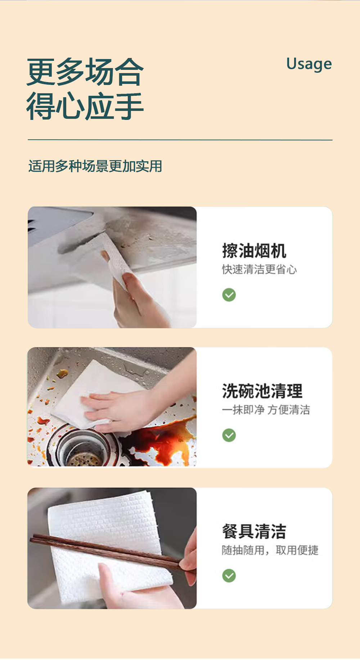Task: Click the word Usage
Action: coord(309,64)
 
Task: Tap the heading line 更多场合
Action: coord(85,72)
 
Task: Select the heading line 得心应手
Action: coord(85,106)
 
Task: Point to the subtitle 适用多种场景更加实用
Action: coord(95,166)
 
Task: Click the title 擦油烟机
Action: coord(254,251)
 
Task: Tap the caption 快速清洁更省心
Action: coord(260,269)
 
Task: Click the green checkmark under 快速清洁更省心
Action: coord(229,295)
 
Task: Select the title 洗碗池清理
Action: coord(262,391)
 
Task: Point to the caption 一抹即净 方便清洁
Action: coord(266,410)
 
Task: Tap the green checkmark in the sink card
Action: coord(229,435)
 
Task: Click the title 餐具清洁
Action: coord(254,531)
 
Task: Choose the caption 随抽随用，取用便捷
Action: coord(270,550)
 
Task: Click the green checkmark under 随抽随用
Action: coord(229,576)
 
